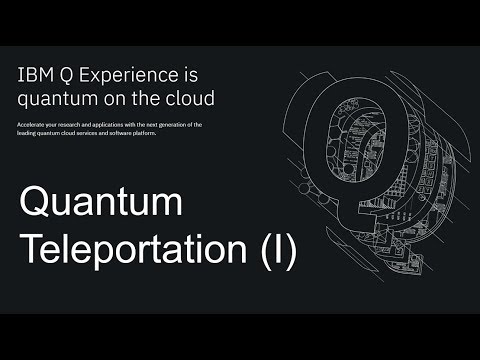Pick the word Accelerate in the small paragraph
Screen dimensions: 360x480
pyautogui.click(x=31, y=124)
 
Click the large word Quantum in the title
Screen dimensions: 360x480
pyautogui.click(x=101, y=205)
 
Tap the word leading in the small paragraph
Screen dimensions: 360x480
pyautogui.click(x=28, y=133)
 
